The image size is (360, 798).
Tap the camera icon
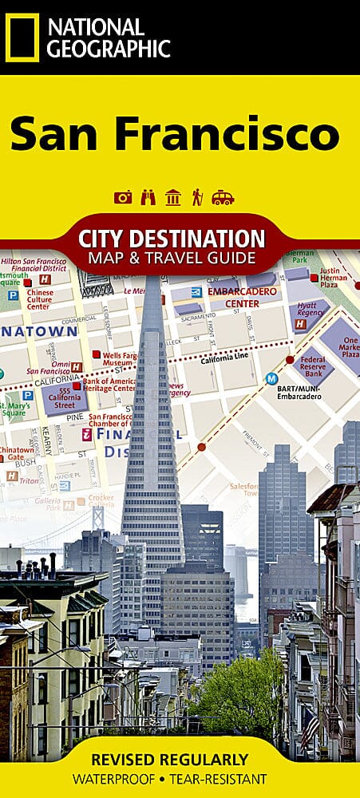[123, 197]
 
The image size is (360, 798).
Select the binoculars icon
[148, 197]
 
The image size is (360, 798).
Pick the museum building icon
[172, 197]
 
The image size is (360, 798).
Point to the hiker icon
[197, 197]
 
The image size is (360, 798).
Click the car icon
[223, 197]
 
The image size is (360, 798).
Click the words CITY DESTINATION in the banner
[172, 238]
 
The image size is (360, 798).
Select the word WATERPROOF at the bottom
[125, 779]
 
